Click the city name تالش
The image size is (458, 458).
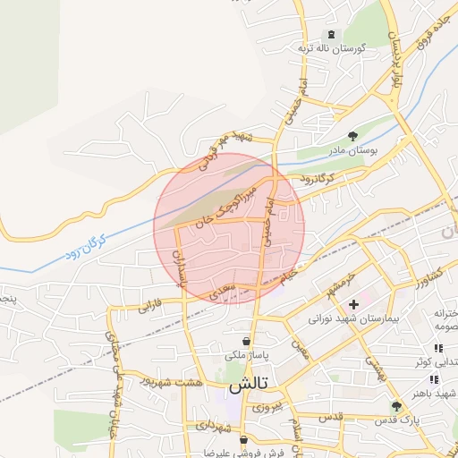tap(249, 386)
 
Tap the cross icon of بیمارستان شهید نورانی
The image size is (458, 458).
tap(355, 304)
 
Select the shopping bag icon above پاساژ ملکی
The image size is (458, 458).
tap(246, 342)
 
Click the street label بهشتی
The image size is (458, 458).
tap(374, 362)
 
